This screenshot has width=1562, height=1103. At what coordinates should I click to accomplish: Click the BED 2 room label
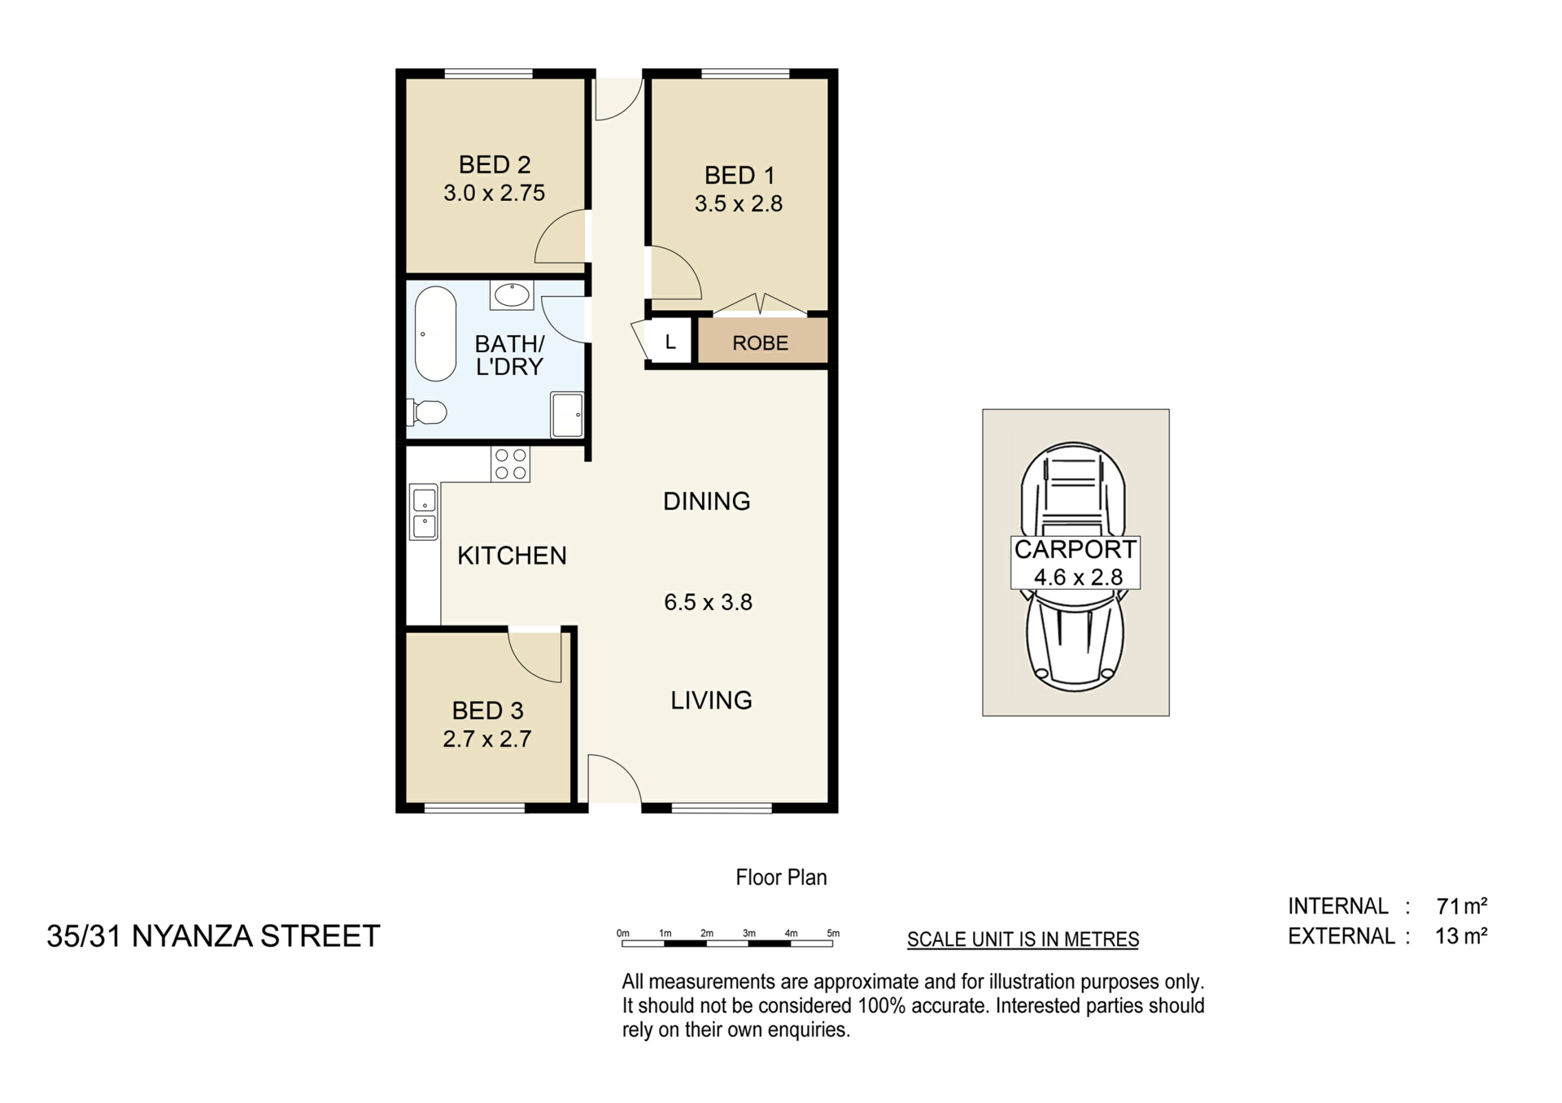click(x=495, y=164)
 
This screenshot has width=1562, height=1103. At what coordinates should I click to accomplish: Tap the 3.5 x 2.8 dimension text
click(x=739, y=203)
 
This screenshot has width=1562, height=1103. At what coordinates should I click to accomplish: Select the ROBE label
click(x=761, y=343)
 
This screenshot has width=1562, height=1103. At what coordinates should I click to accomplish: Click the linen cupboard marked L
click(x=670, y=342)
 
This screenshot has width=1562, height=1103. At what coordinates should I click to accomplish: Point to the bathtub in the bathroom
click(x=435, y=334)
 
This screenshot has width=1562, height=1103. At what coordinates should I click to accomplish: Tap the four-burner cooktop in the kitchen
click(x=511, y=464)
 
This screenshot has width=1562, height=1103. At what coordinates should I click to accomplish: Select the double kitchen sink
click(x=424, y=512)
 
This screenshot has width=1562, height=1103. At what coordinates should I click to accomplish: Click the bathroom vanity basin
click(x=512, y=294)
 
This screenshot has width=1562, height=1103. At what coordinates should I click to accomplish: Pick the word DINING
click(x=707, y=501)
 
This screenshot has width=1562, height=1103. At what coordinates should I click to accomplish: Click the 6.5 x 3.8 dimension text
click(x=708, y=602)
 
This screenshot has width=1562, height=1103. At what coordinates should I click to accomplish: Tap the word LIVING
click(x=711, y=700)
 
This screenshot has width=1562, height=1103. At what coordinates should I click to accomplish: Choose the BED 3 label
click(x=487, y=710)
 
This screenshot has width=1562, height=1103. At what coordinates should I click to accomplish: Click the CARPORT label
click(x=1075, y=550)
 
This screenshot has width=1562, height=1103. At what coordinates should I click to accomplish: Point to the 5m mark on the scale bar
click(x=833, y=934)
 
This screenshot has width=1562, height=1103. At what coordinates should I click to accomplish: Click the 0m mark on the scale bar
click(x=623, y=934)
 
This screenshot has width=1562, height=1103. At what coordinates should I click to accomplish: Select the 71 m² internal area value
click(x=1462, y=905)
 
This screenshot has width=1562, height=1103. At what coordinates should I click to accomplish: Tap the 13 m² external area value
click(x=1461, y=936)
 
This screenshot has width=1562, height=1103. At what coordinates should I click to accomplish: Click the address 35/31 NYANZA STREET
click(x=213, y=936)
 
